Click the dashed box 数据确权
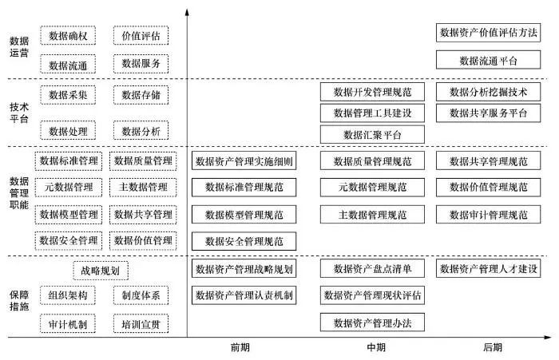click(68, 36)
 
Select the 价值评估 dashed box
click(141, 36)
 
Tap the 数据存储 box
click(141, 96)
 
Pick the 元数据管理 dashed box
click(68, 188)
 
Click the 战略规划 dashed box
click(105, 271)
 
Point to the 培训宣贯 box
click(141, 323)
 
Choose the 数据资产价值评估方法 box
click(488, 33)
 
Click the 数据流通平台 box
click(488, 60)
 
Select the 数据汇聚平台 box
click(372, 134)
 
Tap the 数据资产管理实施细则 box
click(244, 162)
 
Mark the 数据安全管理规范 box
click(244, 241)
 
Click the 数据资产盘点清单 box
click(372, 268)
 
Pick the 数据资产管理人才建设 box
click(488, 268)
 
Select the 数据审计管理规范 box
click(488, 215)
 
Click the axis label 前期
click(240, 347)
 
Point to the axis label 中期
click(375, 347)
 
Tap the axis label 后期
click(493, 347)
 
